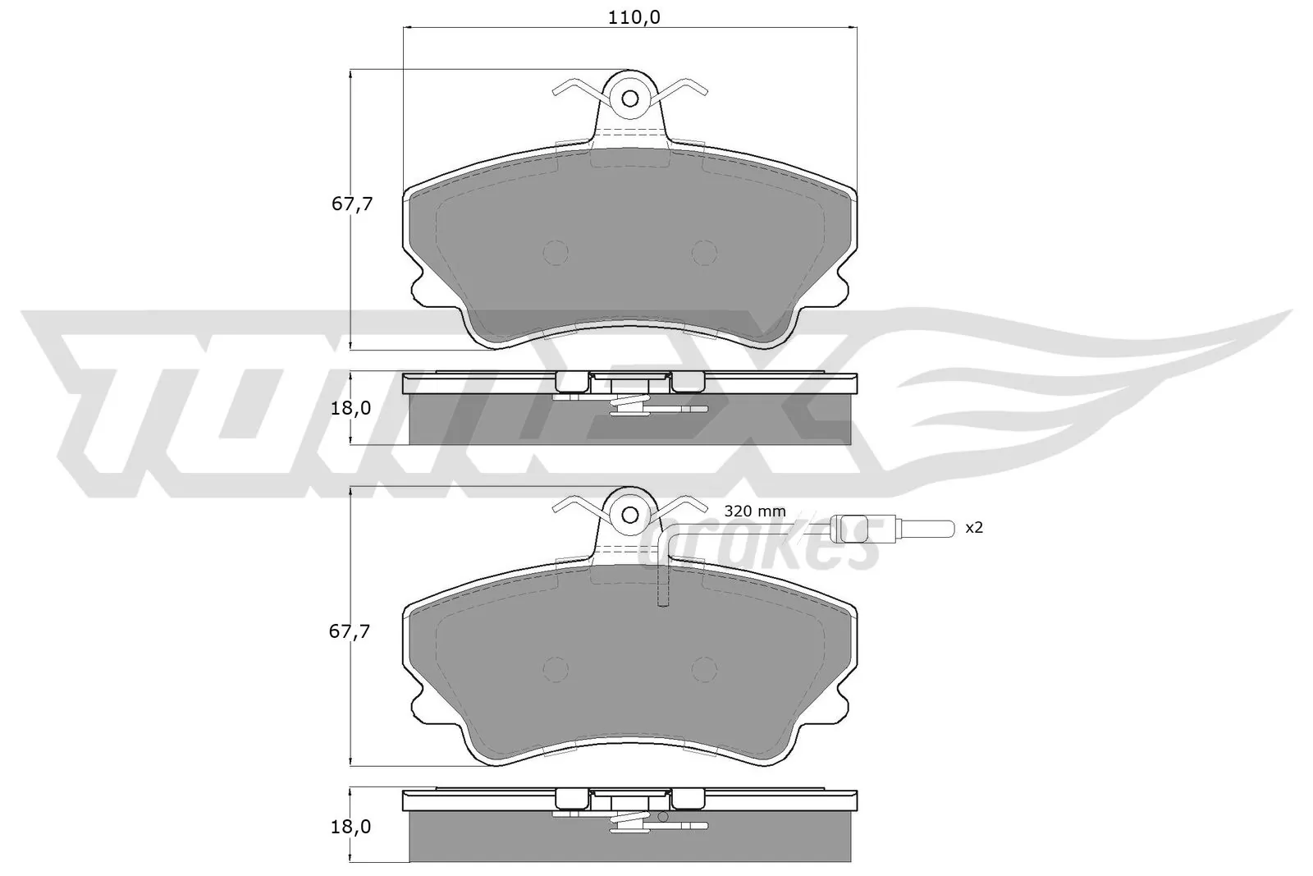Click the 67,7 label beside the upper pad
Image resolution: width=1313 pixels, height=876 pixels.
coord(352,204)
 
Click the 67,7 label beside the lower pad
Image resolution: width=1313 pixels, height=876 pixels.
coord(352,631)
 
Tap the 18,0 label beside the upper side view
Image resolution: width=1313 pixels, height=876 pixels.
coord(352,408)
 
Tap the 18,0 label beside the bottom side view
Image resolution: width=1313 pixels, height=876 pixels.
coord(352,826)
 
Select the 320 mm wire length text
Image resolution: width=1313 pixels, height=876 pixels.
coord(754,511)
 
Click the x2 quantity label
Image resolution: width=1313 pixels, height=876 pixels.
coord(973,528)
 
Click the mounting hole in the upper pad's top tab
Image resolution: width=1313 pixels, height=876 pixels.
coord(630,99)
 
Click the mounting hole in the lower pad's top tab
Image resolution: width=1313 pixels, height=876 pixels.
coord(630,515)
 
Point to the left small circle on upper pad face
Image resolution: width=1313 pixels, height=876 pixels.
coord(556,253)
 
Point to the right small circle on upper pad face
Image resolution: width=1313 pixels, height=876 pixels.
coord(704,253)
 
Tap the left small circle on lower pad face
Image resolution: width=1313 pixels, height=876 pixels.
coord(556,670)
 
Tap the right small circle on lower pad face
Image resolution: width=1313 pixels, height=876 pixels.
coord(704,670)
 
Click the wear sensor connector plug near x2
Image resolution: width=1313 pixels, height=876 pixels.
coord(850,528)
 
